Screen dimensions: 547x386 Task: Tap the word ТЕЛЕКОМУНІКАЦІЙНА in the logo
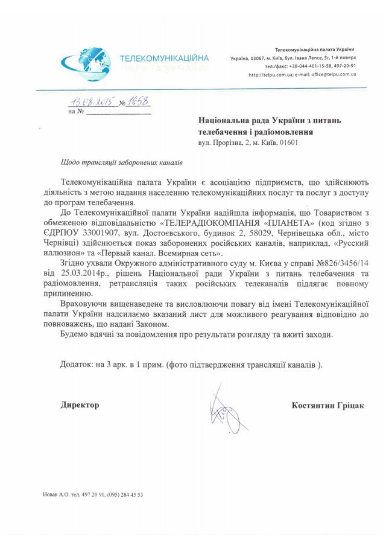pos(165,58)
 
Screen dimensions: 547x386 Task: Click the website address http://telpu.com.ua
pos(270,74)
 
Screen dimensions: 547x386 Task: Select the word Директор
pos(80,405)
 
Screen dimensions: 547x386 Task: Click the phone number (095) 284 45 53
pos(125,494)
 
